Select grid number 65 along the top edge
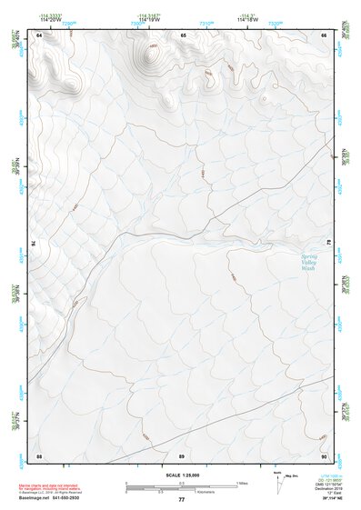(183, 35)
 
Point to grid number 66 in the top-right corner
(325, 35)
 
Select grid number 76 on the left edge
(35, 244)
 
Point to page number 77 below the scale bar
(182, 500)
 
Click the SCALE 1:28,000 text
(182, 475)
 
